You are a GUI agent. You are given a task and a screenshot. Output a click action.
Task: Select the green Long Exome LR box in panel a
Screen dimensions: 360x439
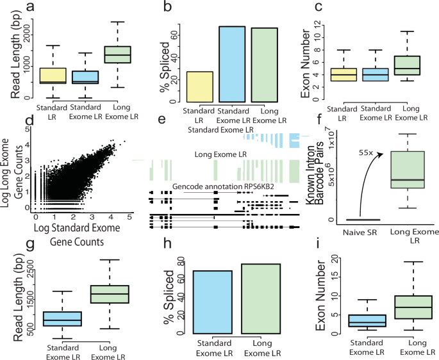coord(117,54)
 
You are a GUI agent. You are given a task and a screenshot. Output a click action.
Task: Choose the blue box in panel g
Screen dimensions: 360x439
coord(62,318)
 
